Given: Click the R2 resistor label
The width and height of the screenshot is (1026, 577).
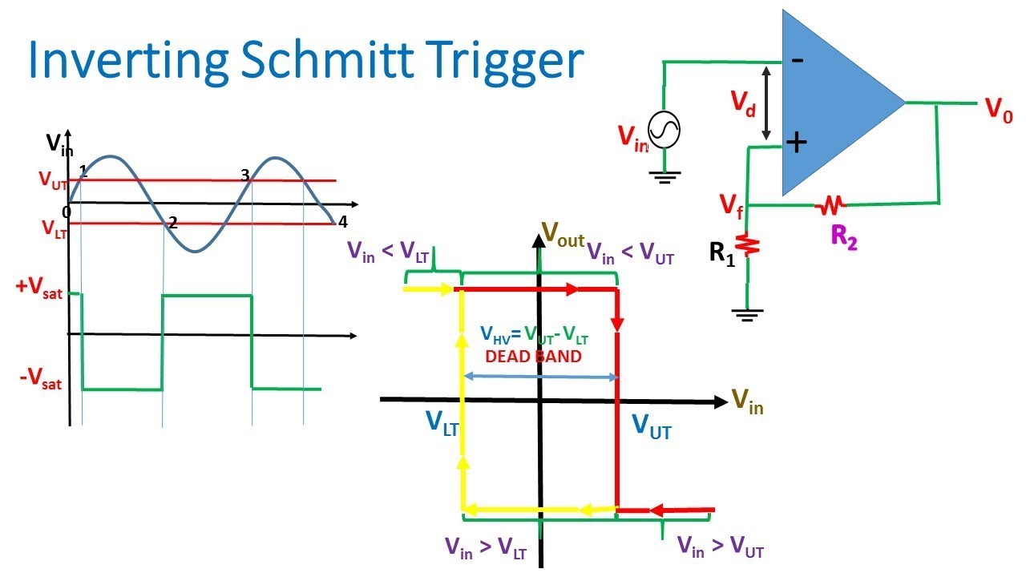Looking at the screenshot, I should click(x=844, y=239).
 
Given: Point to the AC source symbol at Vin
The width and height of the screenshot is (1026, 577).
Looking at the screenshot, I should click(x=664, y=130).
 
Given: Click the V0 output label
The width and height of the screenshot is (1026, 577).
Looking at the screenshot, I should click(x=999, y=111).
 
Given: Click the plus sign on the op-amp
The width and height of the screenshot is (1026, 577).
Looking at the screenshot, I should click(x=795, y=143).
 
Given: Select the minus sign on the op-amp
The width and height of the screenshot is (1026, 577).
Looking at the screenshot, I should click(x=798, y=59).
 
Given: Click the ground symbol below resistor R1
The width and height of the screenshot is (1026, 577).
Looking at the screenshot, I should click(x=747, y=314).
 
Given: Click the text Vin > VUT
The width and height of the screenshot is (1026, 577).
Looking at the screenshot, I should click(x=720, y=547).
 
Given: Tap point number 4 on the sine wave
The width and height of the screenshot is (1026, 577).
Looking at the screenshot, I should click(x=342, y=221).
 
